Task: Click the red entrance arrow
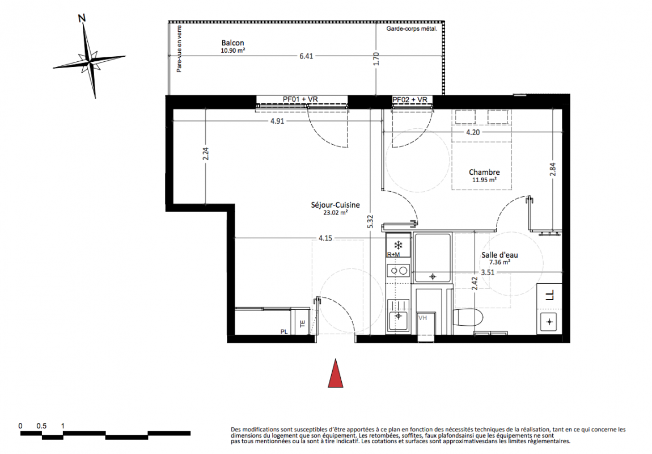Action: coord(336,373)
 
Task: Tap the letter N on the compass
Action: coord(82,18)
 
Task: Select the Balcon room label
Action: coord(233,43)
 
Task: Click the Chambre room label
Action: coord(484,173)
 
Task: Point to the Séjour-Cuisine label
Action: coord(336,205)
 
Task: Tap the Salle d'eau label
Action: coord(500,255)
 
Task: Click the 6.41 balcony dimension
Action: coord(307,56)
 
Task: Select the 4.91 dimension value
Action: coord(277,121)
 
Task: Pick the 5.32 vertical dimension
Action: coord(370,221)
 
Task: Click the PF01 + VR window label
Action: coord(300,99)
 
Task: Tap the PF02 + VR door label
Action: coord(410,100)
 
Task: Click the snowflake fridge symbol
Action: coord(399,244)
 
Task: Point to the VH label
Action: coord(422,318)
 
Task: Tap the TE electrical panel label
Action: coord(303,323)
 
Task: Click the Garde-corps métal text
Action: coord(412,29)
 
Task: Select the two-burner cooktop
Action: coord(399,271)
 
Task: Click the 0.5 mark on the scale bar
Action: coord(41,426)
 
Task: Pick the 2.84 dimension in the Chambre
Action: coord(553,169)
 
